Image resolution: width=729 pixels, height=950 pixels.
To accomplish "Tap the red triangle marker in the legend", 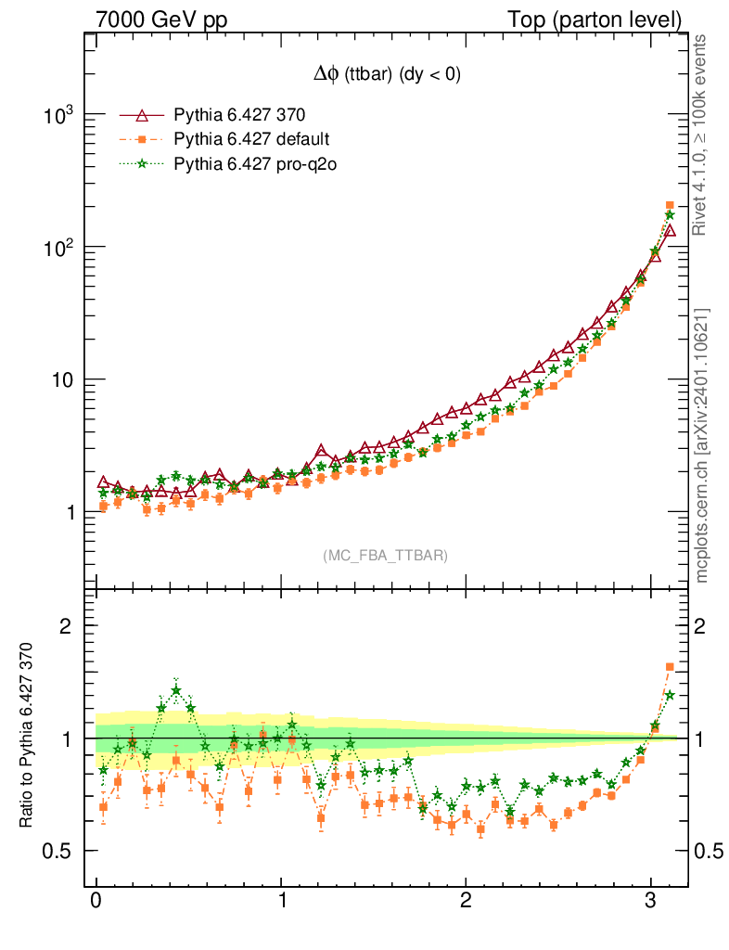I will pyautogui.click(x=142, y=116).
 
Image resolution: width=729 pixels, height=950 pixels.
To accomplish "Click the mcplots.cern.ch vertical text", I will pyautogui.click(x=703, y=445).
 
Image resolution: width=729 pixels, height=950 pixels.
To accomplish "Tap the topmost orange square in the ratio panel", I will pyautogui.click(x=670, y=666).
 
